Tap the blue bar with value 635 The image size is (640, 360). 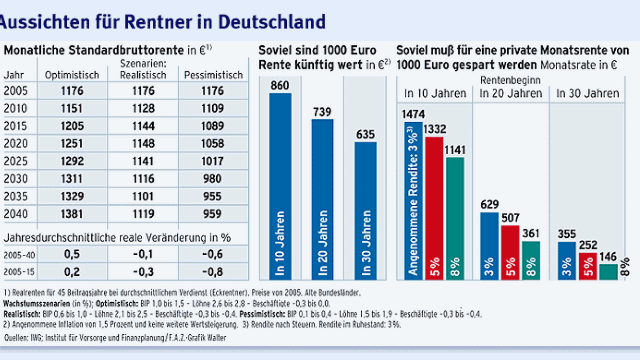pos(365,211)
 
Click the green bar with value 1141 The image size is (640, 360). pos(455,219)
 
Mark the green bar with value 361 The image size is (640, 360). pos(531,260)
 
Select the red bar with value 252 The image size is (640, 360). pos(587,266)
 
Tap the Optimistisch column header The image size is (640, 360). pos(72,75)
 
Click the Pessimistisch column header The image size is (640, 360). pos(213,75)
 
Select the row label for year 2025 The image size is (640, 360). pos(16,161)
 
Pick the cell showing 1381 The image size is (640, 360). pos(72,214)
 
